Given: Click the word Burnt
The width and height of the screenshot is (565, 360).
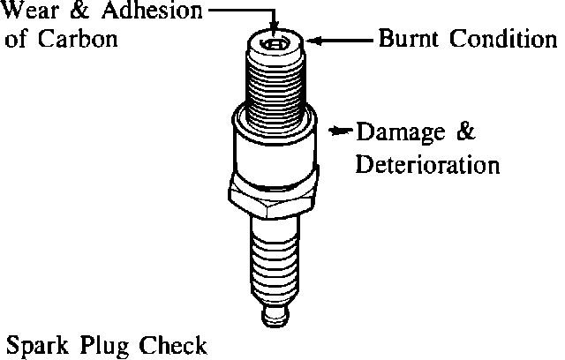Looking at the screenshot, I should [x=409, y=39].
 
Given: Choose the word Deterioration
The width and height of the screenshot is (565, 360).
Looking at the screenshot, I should [x=427, y=164].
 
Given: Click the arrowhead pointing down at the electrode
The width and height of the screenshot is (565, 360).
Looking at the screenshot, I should [x=275, y=29].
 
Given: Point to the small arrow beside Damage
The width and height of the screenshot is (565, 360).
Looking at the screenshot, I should [x=339, y=132].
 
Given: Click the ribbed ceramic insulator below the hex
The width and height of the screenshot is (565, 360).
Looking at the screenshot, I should [x=275, y=256].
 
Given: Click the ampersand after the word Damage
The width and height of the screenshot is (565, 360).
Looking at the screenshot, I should [x=466, y=133].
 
